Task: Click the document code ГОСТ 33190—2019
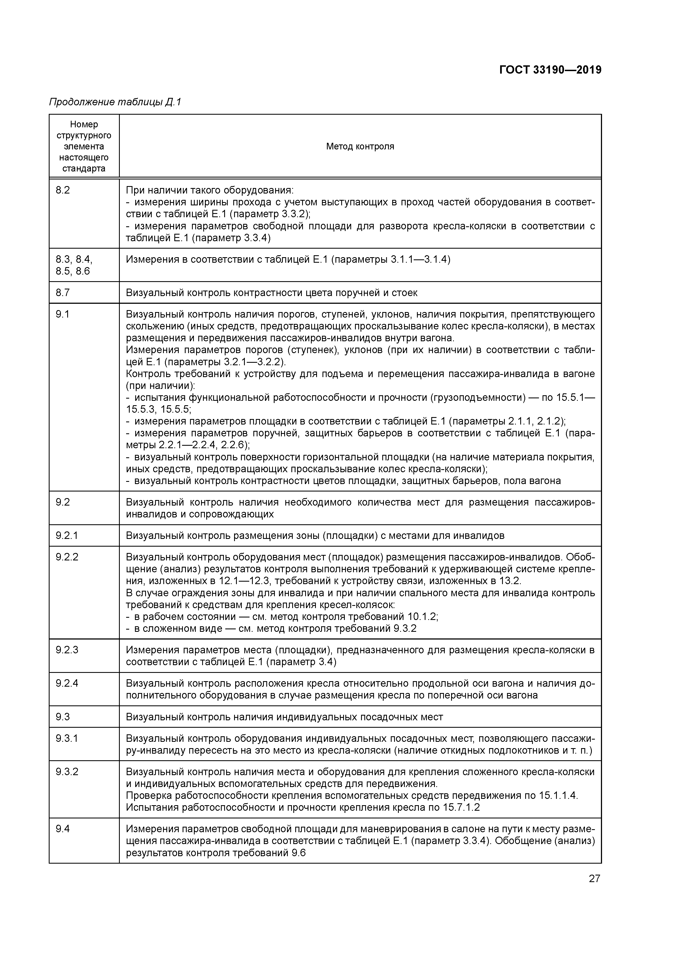click(x=550, y=70)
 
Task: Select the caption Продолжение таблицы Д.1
click(x=115, y=102)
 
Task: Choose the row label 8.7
click(x=63, y=293)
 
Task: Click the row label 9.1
click(x=63, y=314)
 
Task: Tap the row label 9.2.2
click(x=67, y=557)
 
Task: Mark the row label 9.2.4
click(x=67, y=683)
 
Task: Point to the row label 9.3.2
click(x=67, y=772)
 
